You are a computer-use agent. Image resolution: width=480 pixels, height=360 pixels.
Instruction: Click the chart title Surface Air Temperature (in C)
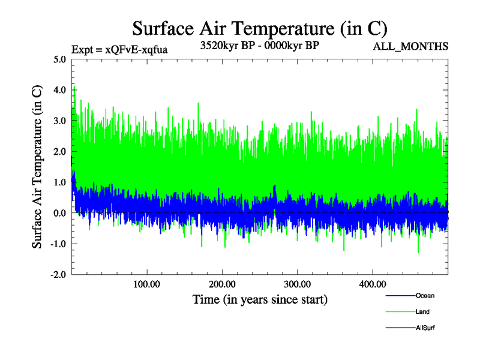click(260, 28)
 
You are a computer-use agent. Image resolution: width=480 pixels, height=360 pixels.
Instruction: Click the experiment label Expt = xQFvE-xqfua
click(119, 50)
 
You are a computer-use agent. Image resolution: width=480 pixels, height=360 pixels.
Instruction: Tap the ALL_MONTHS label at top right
click(411, 47)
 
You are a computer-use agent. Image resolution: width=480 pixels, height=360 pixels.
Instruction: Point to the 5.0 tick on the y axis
click(59, 59)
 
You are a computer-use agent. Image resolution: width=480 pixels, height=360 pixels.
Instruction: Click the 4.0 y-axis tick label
click(59, 90)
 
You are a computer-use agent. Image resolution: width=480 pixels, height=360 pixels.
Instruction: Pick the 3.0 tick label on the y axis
click(59, 121)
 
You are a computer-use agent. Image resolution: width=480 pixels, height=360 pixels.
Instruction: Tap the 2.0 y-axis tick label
click(59, 151)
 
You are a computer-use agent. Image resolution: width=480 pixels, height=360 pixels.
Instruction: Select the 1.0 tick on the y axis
click(59, 182)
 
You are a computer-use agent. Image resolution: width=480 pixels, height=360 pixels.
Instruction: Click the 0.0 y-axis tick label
click(59, 213)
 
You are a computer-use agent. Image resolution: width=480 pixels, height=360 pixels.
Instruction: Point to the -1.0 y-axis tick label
click(58, 244)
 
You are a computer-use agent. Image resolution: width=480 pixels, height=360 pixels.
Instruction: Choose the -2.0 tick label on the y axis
click(58, 274)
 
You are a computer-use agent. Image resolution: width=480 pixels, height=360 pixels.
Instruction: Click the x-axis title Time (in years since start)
click(260, 298)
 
